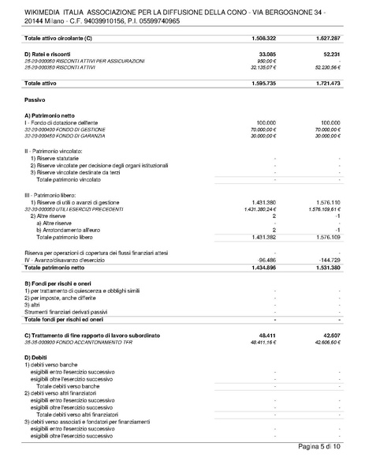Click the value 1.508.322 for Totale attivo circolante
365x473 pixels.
[260, 37]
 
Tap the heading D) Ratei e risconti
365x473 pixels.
[54, 53]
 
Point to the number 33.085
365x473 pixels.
[265, 53]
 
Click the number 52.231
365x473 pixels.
[329, 53]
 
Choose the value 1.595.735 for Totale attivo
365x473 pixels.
[260, 82]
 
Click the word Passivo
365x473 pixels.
[35, 100]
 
